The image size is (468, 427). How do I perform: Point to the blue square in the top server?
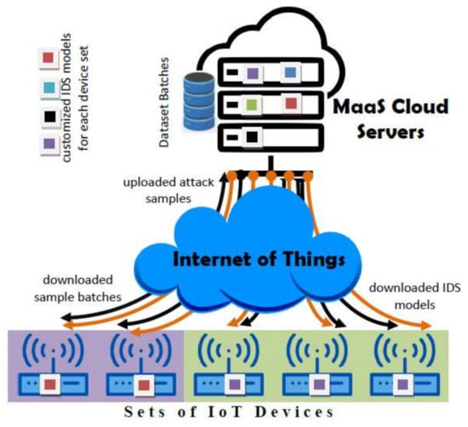[x=290, y=74]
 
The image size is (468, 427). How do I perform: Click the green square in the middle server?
[x=252, y=105]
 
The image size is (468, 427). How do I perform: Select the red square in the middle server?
[x=290, y=104]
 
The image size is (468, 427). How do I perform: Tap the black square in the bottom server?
[x=251, y=134]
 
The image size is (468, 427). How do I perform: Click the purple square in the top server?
[x=252, y=75]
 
